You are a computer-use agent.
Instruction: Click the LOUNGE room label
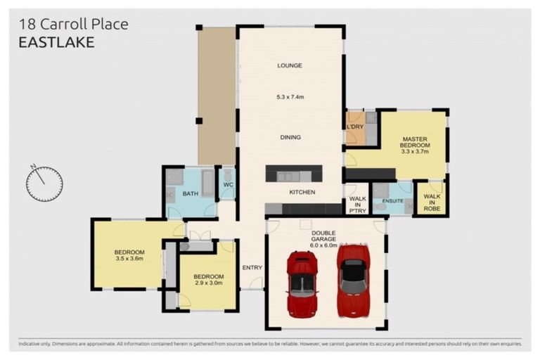(x=290, y=65)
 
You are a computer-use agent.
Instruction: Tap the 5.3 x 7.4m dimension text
(x=290, y=97)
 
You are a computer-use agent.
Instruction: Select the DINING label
(x=290, y=137)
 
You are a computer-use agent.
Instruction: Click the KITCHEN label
(x=302, y=192)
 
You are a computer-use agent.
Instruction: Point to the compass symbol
(x=44, y=184)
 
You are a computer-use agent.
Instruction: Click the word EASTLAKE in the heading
(x=56, y=42)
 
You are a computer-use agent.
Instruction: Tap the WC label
(x=229, y=185)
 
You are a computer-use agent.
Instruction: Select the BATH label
(x=191, y=193)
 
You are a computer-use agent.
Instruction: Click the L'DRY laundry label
(x=355, y=127)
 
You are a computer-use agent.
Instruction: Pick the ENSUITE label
(x=392, y=201)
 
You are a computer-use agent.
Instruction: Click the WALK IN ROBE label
(x=432, y=202)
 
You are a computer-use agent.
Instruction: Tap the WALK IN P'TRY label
(x=357, y=205)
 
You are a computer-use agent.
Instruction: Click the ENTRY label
(x=252, y=268)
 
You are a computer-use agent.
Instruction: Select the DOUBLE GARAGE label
(x=323, y=236)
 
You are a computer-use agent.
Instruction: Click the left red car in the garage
(x=302, y=284)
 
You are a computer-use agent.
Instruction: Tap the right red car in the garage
(x=354, y=280)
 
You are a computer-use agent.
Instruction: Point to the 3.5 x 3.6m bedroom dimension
(x=129, y=258)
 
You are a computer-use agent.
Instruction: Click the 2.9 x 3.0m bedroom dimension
(x=209, y=283)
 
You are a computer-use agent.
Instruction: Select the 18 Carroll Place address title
(x=73, y=24)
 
